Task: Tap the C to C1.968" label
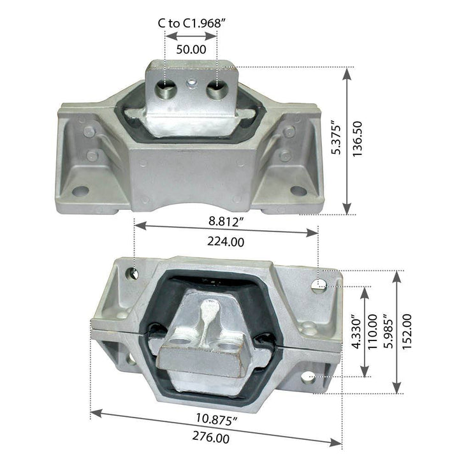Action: [192, 23]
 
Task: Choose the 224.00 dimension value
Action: [227, 242]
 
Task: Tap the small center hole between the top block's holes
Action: [192, 82]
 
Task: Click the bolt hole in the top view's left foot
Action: [80, 190]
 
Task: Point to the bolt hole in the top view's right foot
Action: [298, 190]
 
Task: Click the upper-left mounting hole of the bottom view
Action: [133, 274]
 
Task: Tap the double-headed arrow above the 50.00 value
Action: [191, 37]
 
